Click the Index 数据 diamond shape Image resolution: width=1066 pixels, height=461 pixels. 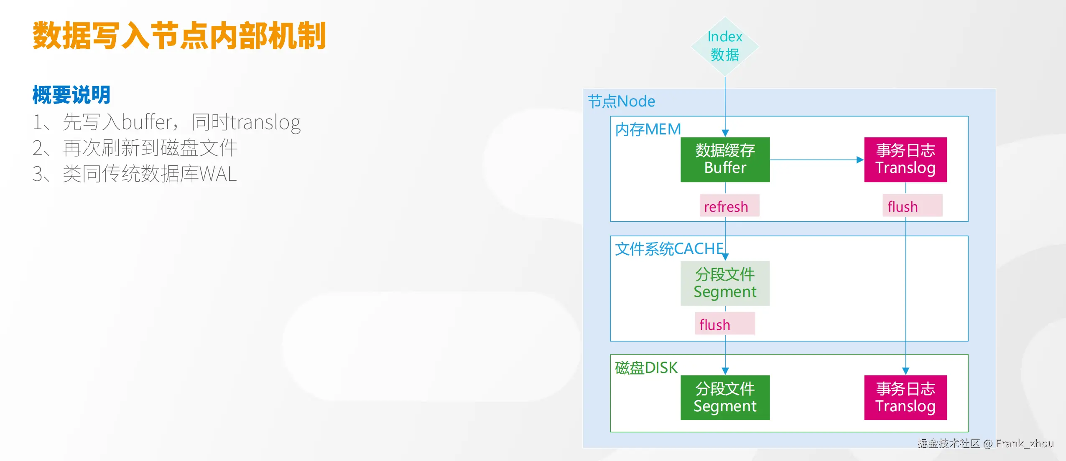pos(725,46)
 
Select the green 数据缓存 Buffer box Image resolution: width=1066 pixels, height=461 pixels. pos(725,160)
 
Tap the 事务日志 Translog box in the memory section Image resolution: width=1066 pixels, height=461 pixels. pos(905,160)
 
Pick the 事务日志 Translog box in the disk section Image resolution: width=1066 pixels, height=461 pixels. pos(905,398)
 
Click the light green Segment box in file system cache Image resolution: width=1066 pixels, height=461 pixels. pos(725,283)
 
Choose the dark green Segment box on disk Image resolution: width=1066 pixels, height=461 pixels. pos(725,398)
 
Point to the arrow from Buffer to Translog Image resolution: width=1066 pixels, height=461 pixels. pos(817,160)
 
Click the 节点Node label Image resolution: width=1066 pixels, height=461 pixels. pos(621,101)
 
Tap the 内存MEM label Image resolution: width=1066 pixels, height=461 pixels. pos(648,129)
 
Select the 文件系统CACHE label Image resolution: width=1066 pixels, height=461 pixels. pos(669,249)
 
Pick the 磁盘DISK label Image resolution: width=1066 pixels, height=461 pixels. pos(646,368)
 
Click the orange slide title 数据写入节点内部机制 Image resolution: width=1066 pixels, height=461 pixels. pos(179,36)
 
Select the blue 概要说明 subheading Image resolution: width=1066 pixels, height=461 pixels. pos(71,95)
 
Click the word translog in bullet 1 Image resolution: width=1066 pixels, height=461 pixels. pos(266,123)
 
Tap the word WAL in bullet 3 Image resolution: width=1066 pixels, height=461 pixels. pos(218,174)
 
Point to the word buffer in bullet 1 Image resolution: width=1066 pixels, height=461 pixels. pos(147,122)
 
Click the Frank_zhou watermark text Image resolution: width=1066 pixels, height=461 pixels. pos(1024,443)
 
